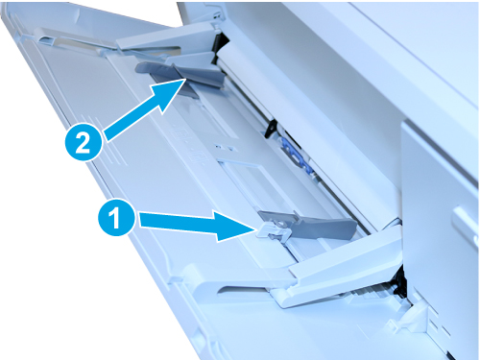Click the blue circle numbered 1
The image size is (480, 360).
(116, 219)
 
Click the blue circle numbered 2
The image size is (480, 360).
(84, 143)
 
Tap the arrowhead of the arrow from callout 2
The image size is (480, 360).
(171, 92)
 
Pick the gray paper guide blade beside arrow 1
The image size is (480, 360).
(310, 226)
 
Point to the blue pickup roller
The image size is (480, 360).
(296, 154)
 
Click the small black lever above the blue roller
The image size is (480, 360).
(271, 128)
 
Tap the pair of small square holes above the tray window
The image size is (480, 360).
(226, 148)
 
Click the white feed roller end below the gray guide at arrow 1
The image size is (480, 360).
(391, 224)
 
